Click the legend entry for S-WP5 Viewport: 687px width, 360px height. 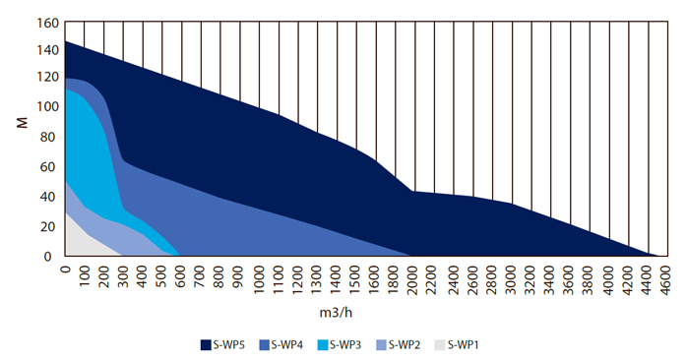click(x=227, y=344)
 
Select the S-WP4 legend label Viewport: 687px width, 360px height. click(x=286, y=344)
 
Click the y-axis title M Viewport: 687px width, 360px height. click(x=21, y=124)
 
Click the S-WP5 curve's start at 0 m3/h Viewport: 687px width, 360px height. click(x=65, y=41)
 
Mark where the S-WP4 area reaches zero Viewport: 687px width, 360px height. click(x=408, y=256)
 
